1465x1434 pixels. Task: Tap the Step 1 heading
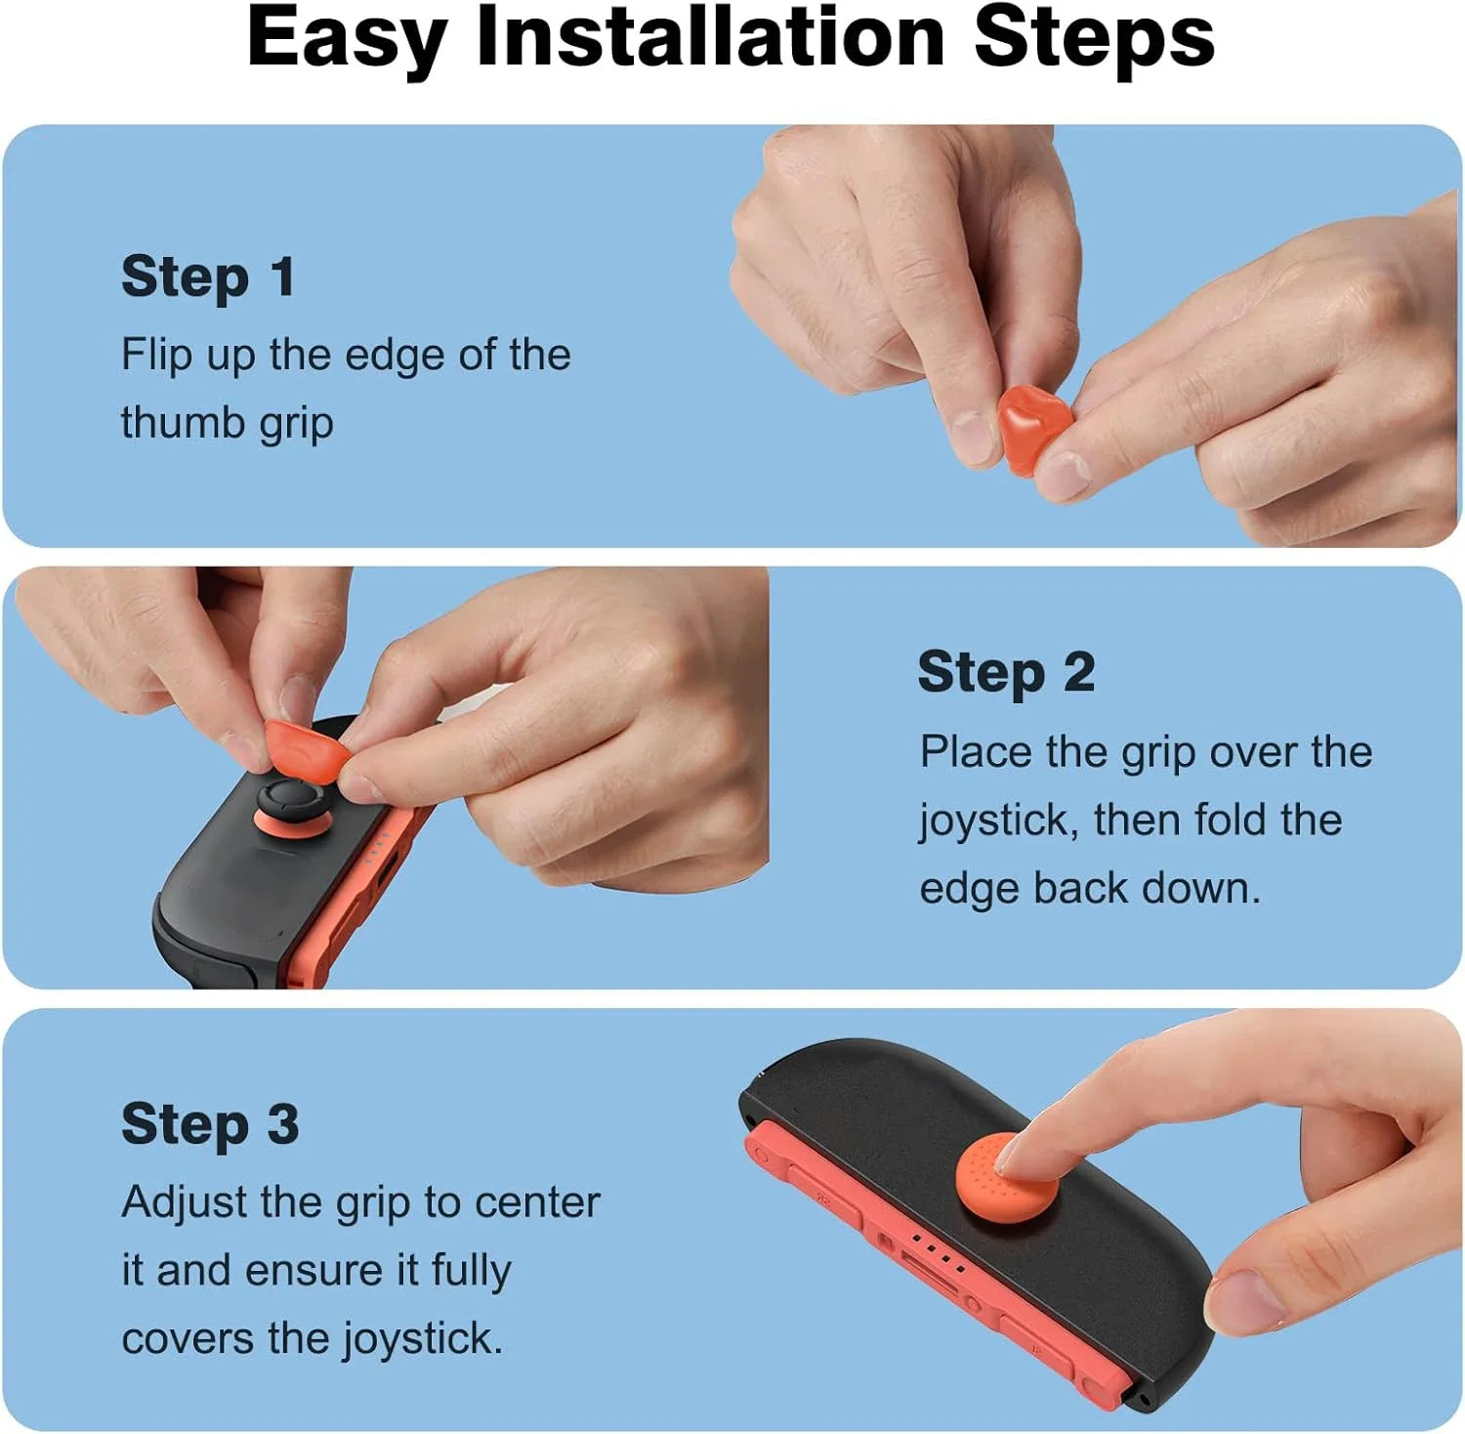208,276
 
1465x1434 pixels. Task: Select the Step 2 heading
1006,672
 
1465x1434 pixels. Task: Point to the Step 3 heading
210,1123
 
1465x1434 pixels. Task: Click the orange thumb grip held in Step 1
1033,428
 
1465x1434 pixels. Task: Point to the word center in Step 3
536,1202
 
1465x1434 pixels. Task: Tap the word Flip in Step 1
156,355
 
